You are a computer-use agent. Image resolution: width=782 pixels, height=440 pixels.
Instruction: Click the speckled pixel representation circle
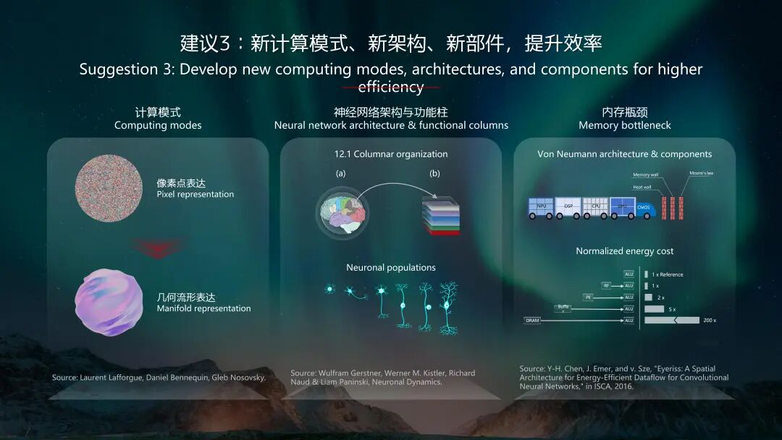point(109,189)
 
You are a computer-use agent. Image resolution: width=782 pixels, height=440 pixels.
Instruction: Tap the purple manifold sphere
point(109,302)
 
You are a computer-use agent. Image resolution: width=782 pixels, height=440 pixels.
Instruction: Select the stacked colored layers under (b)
point(440,216)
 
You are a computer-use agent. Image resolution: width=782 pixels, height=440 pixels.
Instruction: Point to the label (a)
point(341,174)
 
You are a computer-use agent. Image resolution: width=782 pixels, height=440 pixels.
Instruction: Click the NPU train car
point(542,206)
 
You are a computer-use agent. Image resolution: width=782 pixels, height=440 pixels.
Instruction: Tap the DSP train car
point(568,206)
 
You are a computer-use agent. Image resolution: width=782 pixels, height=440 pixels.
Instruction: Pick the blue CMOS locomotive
point(642,208)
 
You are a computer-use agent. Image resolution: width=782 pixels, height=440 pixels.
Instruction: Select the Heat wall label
point(642,187)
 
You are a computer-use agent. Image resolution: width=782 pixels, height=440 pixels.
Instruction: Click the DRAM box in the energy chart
point(532,320)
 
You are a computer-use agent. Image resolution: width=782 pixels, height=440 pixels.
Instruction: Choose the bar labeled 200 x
point(671,320)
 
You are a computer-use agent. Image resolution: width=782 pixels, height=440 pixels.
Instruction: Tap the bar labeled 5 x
point(654,309)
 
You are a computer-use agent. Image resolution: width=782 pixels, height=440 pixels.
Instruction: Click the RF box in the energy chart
point(606,286)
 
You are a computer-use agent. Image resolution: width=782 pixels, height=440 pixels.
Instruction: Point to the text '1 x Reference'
point(667,275)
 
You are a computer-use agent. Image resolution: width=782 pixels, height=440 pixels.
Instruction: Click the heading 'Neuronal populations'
point(391,268)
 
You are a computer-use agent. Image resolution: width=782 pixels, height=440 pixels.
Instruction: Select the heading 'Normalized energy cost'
point(624,251)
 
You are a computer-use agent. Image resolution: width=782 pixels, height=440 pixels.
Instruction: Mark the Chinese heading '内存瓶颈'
point(624,112)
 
